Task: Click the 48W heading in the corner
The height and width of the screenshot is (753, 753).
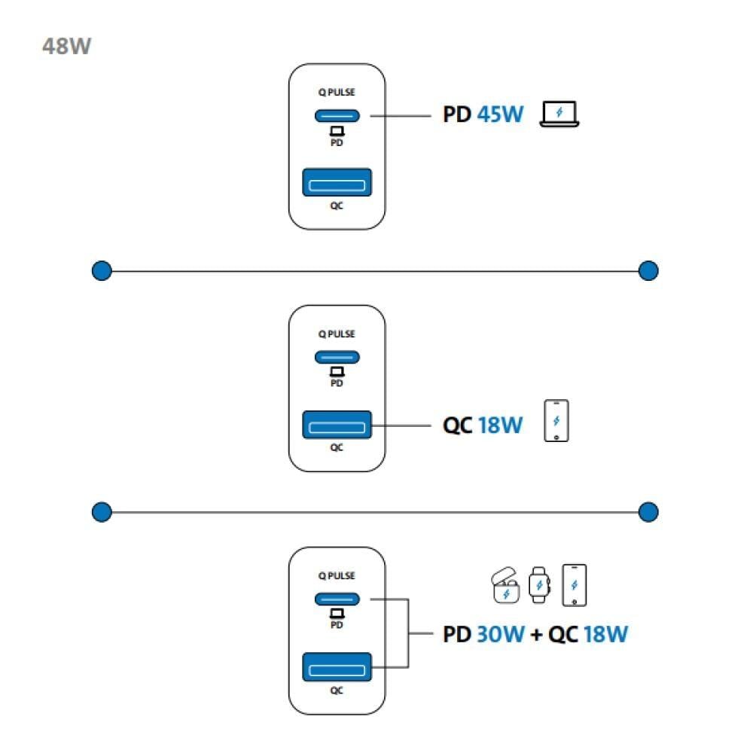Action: click(66, 46)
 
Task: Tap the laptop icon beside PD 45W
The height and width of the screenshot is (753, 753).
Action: click(559, 114)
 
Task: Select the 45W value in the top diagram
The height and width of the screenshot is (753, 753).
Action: click(499, 116)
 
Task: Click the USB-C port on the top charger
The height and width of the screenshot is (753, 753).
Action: click(337, 116)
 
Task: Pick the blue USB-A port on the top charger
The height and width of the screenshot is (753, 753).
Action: click(337, 183)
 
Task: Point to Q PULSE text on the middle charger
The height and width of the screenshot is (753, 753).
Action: click(337, 334)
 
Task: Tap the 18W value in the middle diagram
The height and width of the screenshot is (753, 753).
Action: click(500, 425)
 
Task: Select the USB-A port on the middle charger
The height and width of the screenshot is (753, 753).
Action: click(337, 425)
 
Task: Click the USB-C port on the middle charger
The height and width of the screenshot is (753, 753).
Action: click(337, 358)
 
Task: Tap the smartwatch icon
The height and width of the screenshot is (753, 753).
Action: click(538, 585)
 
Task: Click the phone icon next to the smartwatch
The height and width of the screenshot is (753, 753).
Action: click(574, 584)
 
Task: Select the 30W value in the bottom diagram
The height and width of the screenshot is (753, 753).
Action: click(500, 634)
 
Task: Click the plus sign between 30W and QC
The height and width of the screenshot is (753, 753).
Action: click(536, 635)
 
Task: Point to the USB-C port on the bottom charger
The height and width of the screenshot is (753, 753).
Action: click(337, 599)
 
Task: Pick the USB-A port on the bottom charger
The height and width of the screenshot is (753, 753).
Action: click(337, 667)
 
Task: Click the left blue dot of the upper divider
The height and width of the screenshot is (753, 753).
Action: click(102, 270)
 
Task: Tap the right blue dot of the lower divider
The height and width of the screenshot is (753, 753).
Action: click(648, 512)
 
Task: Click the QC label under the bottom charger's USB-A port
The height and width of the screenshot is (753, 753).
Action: click(337, 690)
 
